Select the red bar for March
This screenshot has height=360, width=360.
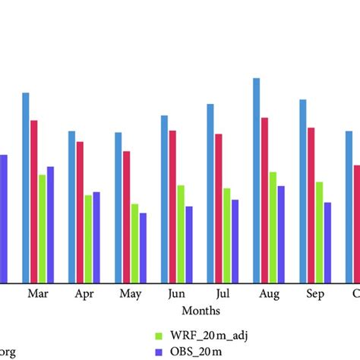pyautogui.click(x=34, y=201)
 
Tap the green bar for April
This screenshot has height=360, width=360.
pyautogui.click(x=88, y=239)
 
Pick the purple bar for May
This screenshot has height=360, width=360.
pyautogui.click(x=143, y=248)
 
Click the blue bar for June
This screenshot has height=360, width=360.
pyautogui.click(x=164, y=199)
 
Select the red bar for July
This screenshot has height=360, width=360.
pyautogui.click(x=219, y=208)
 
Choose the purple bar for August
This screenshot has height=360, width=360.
pyautogui.click(x=281, y=234)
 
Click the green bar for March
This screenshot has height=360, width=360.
pyautogui.click(x=43, y=229)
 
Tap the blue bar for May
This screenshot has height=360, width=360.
pyautogui.click(x=118, y=207)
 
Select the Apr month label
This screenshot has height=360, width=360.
pyautogui.click(x=84, y=294)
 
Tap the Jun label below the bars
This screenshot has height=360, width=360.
pyautogui.click(x=176, y=294)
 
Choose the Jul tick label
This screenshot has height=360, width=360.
pyautogui.click(x=223, y=294)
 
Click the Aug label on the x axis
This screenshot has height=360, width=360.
pyautogui.click(x=269, y=294)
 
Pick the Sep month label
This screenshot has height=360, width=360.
pyautogui.click(x=315, y=294)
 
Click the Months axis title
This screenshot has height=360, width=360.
pyautogui.click(x=201, y=311)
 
